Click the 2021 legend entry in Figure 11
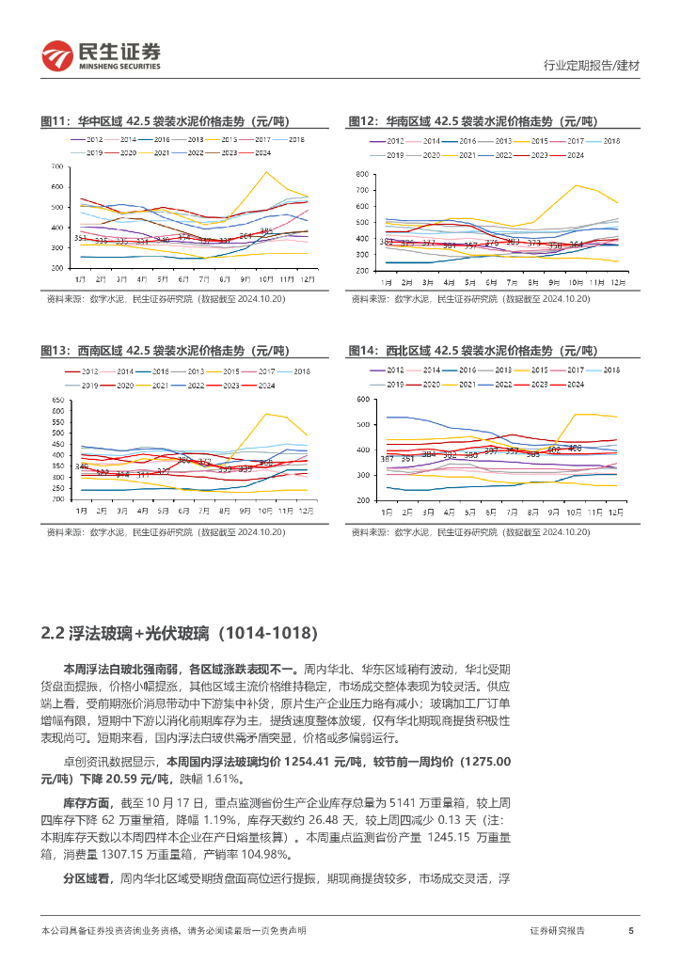tap(161, 152)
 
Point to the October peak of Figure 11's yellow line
tap(266, 172)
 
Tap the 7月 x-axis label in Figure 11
tap(204, 279)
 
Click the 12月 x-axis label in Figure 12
tap(617, 281)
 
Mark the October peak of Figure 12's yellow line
tap(576, 185)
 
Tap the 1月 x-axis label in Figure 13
tap(82, 511)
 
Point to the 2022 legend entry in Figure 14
tap(503, 385)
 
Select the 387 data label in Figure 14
tap(386, 458)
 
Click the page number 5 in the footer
tap(630, 930)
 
